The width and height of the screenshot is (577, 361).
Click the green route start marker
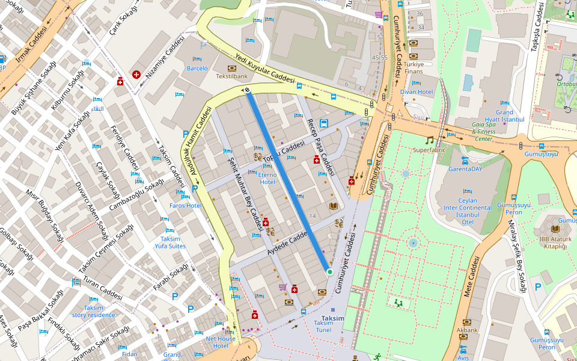(329, 272)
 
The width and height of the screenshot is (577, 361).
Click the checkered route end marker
(246, 91)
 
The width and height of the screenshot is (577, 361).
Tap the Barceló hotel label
(197, 69)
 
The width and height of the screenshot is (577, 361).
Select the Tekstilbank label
(232, 76)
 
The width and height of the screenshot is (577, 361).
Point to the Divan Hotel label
(417, 92)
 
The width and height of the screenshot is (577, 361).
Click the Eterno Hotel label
(267, 178)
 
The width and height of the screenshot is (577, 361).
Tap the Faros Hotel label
(185, 205)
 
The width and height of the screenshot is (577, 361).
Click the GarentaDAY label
(465, 169)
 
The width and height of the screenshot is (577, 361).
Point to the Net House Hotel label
(221, 342)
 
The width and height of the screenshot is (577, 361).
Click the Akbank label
(467, 330)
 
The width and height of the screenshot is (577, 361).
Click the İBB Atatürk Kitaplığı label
(551, 242)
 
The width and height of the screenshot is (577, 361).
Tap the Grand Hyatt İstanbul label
(504, 116)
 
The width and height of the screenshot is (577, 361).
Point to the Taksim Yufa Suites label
(170, 242)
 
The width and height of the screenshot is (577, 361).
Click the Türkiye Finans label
(414, 67)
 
